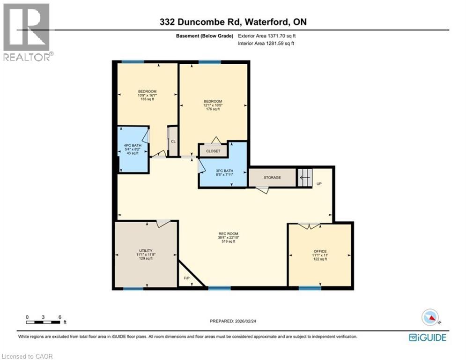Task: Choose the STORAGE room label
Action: [x=272, y=178]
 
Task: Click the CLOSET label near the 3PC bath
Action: [x=213, y=151]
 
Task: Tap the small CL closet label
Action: [x=173, y=141]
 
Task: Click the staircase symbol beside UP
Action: [x=304, y=178]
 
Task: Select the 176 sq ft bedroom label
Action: [x=213, y=105]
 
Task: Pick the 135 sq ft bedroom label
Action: [x=147, y=95]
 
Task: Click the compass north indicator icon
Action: [x=430, y=317]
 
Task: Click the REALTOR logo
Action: [x=27, y=31]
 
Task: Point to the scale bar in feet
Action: [x=44, y=322]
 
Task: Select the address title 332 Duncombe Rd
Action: [x=233, y=22]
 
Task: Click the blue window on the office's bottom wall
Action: [x=310, y=288]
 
